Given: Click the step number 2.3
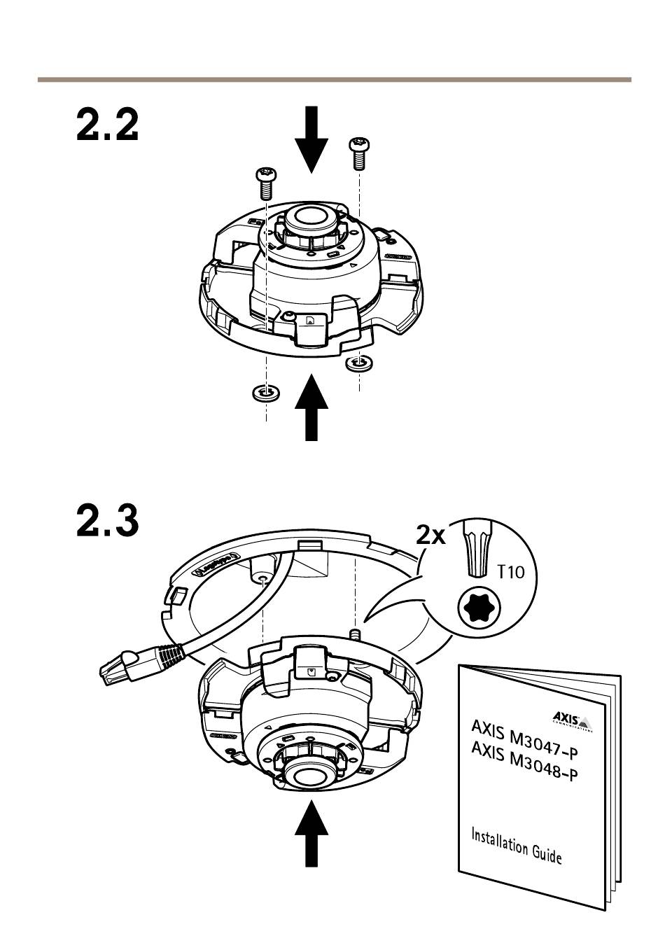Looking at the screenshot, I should [x=107, y=519].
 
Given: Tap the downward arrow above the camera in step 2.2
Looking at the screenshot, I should [x=311, y=139].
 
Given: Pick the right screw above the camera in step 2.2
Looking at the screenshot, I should [x=358, y=152].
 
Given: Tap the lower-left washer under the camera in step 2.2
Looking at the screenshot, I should [x=265, y=393].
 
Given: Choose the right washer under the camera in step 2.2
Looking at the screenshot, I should [x=359, y=362].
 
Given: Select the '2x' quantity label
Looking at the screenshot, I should [x=430, y=536].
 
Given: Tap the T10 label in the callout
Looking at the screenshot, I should [x=510, y=572].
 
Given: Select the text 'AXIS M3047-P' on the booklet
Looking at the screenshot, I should [x=524, y=739].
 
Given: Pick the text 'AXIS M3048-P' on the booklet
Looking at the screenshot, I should [x=524, y=764].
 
